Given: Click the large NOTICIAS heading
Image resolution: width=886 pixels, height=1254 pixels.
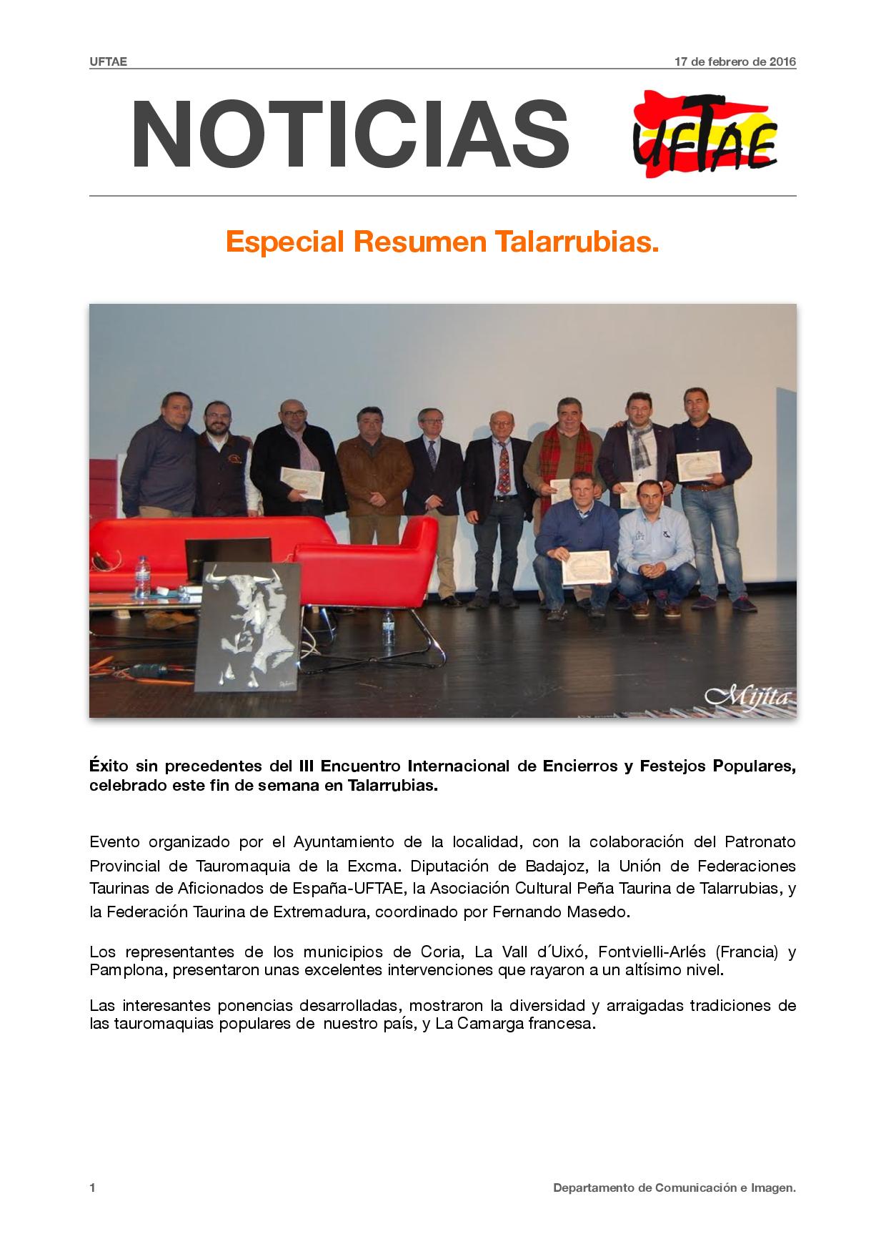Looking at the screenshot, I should coord(350,134).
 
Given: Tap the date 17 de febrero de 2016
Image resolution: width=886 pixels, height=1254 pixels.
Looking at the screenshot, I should coord(735,61).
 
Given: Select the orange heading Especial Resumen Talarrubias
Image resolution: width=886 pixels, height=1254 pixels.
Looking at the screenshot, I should coord(442,242).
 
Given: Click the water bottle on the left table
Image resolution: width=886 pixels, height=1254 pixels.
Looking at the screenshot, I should coord(142,577).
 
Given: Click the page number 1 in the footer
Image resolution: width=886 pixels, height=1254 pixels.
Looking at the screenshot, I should coord(93,1188).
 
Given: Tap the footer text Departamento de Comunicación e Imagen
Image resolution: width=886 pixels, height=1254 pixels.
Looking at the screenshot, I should coord(674,1188).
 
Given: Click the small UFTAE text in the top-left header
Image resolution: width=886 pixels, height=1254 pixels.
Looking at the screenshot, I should coord(108,61).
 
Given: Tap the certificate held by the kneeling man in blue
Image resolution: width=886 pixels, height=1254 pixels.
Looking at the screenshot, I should coord(585,566).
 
